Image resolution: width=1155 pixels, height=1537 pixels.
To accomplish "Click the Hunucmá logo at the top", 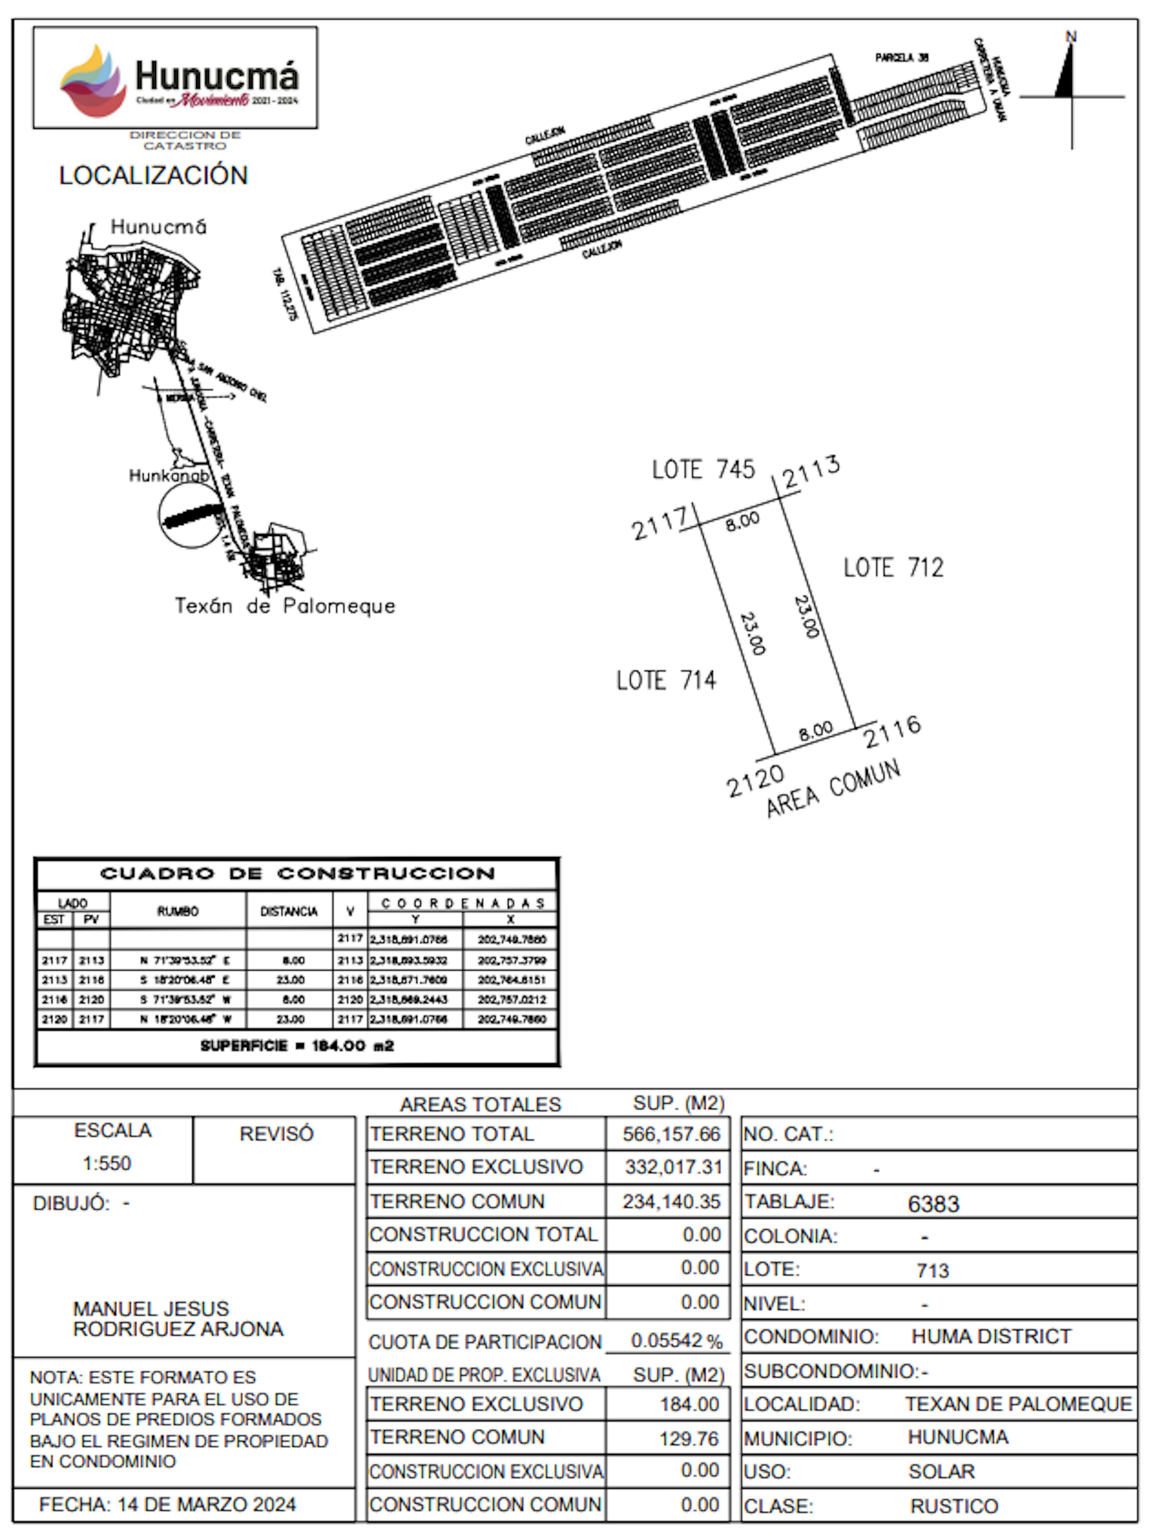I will point(175,78).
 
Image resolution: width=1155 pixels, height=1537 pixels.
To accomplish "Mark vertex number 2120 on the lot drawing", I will point(755,782).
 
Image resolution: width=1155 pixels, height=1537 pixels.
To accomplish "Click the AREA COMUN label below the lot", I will point(833,789).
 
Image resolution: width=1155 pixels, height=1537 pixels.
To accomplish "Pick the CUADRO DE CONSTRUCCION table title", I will point(297,874).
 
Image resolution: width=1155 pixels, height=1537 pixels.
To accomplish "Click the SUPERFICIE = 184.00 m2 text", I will point(297,1046).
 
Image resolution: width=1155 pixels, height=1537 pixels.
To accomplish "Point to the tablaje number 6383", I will point(933,1204).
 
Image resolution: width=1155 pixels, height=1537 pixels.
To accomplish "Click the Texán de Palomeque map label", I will point(285,606).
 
